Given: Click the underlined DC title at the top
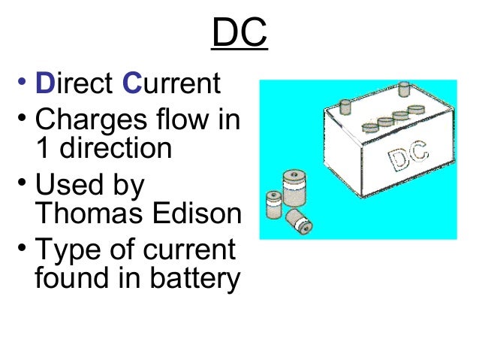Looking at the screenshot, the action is pyautogui.click(x=239, y=34).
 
